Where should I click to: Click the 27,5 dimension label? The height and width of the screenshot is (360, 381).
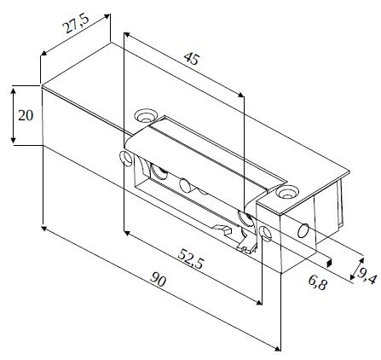pos(76,24)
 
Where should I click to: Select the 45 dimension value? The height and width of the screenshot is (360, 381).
pos(192,59)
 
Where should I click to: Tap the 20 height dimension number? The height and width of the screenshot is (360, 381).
pos(26,115)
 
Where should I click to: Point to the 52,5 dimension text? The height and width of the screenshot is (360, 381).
pos(191,259)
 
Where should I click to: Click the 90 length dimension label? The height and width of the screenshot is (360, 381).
pos(158,280)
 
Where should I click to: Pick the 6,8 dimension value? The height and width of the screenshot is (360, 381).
pos(318,282)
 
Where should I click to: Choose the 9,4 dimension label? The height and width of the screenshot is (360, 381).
pos(367,276)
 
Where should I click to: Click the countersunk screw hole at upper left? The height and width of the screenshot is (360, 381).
pos(146,115)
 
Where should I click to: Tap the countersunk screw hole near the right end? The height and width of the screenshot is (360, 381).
pos(287,192)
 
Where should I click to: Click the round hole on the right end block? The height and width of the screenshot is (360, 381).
pos(303,230)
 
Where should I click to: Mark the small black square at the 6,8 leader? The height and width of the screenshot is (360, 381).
pos(329,262)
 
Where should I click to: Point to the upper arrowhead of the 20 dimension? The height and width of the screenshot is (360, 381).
pos(13,90)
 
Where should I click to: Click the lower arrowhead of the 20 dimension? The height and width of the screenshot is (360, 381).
pos(13,140)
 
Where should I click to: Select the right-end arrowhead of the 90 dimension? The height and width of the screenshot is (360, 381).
pos(277,348)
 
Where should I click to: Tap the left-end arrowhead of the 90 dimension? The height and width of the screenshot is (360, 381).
pos(44,229)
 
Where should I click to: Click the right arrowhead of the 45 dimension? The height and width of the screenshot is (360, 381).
pos(240,95)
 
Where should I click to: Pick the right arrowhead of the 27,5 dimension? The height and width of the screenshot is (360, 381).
pos(107,16)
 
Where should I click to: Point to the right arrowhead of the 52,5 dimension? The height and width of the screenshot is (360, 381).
pos(258,302)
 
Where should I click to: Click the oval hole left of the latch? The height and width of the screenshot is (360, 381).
pos(124,159)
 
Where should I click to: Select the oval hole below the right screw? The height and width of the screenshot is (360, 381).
pos(266,233)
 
